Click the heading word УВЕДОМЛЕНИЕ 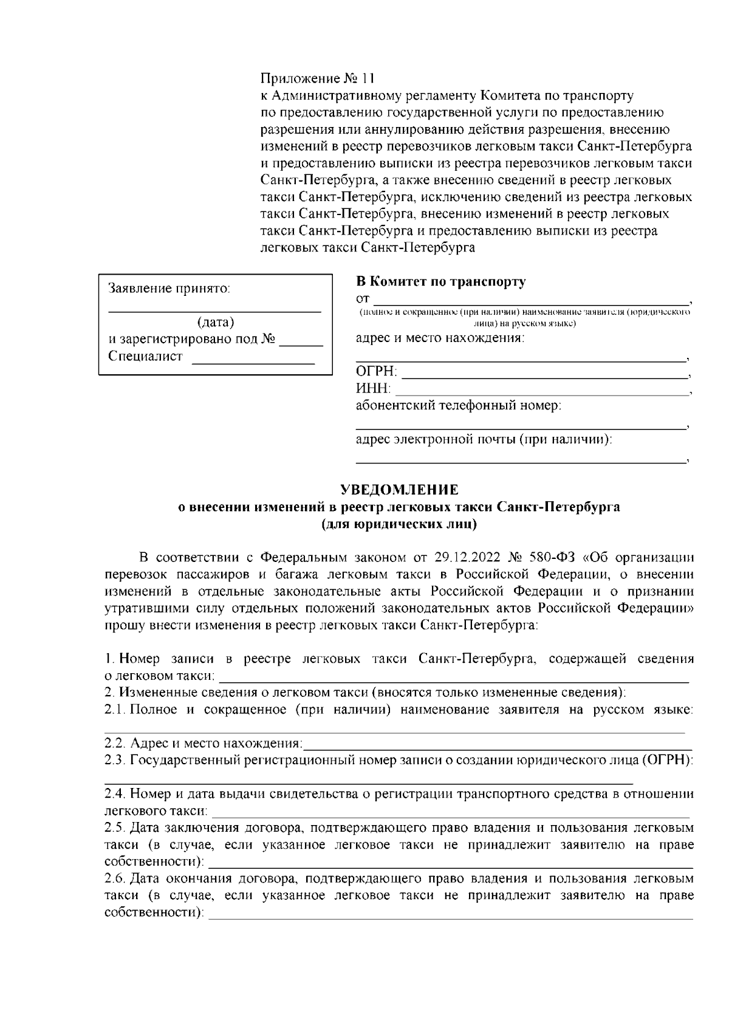399,490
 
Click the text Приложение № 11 318,79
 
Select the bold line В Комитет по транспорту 440,282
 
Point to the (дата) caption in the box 215,323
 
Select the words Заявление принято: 169,289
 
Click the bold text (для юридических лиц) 399,524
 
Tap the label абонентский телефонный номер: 458,405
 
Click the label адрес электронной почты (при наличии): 484,439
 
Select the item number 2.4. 114,794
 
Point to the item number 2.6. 114,879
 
